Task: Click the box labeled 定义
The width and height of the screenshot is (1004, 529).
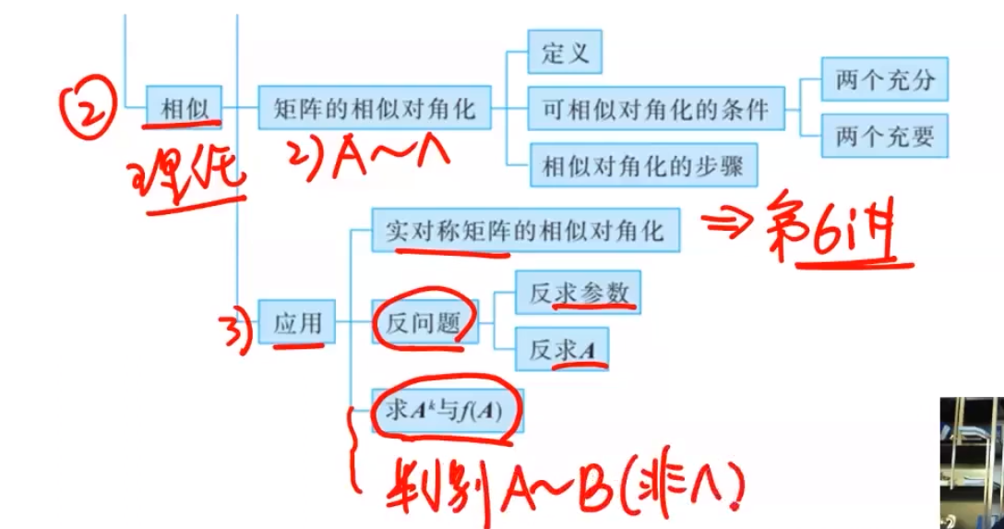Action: click(564, 53)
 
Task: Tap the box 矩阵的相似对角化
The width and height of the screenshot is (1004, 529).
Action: click(374, 108)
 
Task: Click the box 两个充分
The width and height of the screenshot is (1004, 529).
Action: click(884, 80)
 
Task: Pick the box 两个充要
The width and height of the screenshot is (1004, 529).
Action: click(884, 138)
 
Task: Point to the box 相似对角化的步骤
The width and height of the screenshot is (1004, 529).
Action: click(643, 166)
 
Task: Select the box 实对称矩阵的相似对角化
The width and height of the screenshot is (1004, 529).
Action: click(524, 231)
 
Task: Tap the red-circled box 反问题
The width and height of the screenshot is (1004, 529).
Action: click(424, 322)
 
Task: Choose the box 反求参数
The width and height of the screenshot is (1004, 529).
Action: click(578, 293)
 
